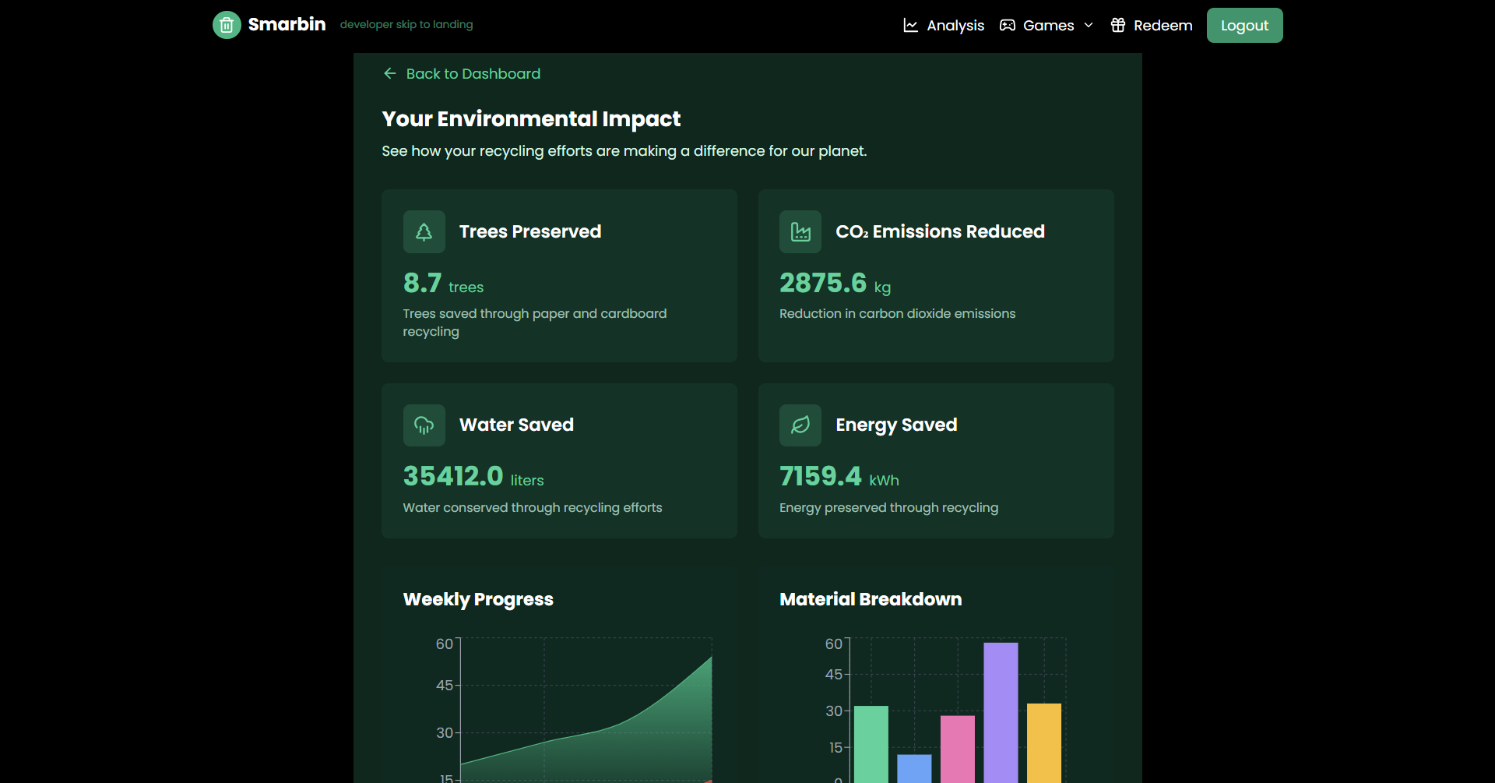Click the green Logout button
coord(1244,26)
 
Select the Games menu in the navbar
coord(1046,26)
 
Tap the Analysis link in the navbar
coord(944,26)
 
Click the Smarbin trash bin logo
coord(227,25)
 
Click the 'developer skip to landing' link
coord(406,25)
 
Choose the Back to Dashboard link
coord(463,74)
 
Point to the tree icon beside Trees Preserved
coord(424,232)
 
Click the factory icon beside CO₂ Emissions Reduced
coord(800,232)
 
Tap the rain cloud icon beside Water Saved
coord(424,425)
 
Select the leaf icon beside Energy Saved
coord(800,425)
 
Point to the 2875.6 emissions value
coord(823,284)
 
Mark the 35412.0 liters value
coord(453,476)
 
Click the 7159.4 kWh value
coord(821,476)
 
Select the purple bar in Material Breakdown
coord(1001,712)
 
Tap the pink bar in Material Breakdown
coord(958,749)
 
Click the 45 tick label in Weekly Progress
coord(445,686)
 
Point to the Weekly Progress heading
coord(478,600)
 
